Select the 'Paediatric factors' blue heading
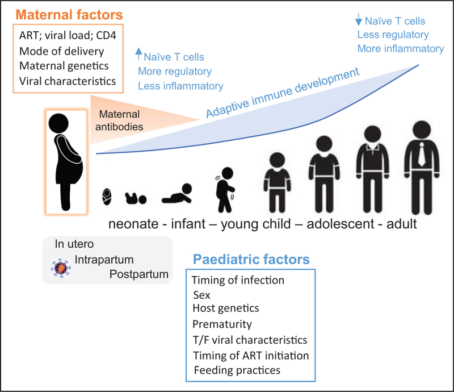(x=251, y=260)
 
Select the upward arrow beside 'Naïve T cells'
(x=138, y=55)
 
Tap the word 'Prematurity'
(x=222, y=325)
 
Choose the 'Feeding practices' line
(x=236, y=370)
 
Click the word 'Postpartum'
(x=140, y=274)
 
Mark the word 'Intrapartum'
(x=104, y=259)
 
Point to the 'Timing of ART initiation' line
(x=250, y=355)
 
